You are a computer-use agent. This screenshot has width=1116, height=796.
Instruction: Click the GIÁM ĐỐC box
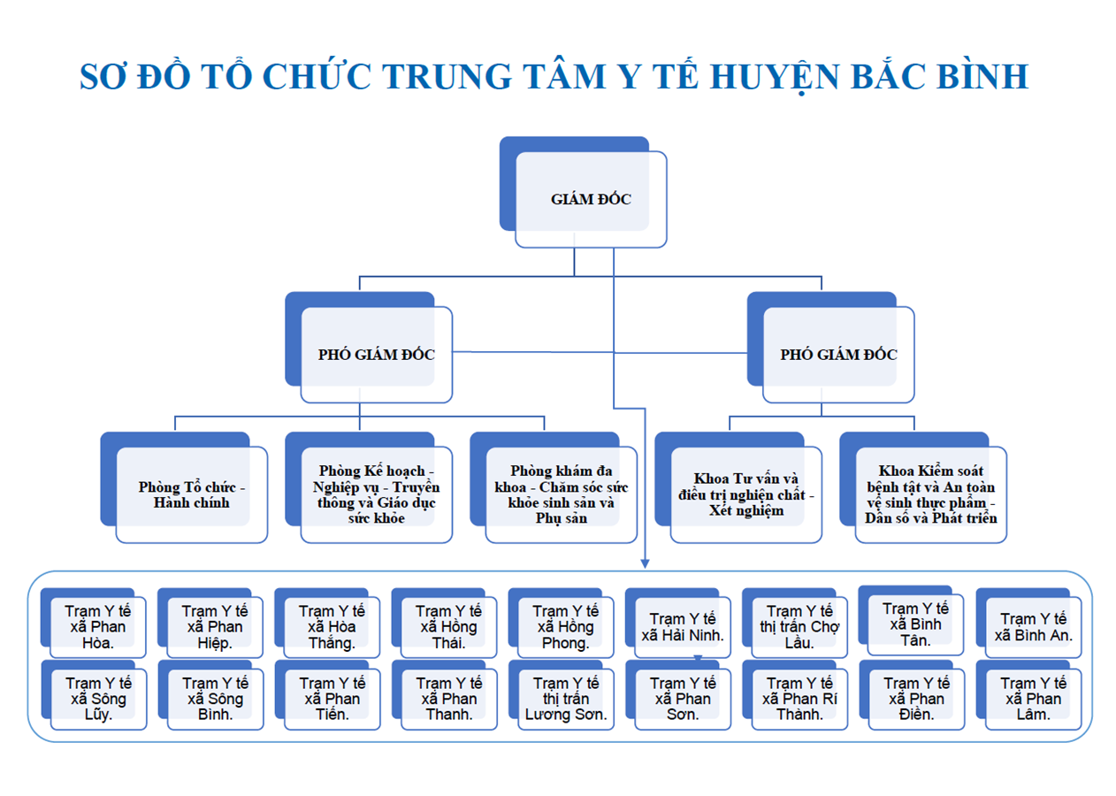click(x=584, y=193)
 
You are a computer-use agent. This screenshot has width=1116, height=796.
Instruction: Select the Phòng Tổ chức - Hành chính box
click(x=184, y=487)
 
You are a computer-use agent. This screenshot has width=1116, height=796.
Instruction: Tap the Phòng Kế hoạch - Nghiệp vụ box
click(x=369, y=487)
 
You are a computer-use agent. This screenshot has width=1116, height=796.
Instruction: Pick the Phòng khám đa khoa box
click(x=554, y=487)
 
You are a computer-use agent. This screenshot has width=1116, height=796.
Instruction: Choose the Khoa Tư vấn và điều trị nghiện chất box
click(x=738, y=487)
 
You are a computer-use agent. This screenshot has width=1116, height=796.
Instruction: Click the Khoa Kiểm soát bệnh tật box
click(x=923, y=487)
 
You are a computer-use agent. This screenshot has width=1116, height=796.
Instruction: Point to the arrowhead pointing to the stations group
click(x=646, y=563)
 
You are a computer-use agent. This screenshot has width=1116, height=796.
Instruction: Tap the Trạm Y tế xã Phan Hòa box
click(x=93, y=623)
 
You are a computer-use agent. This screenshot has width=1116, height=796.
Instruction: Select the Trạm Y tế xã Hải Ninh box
click(x=678, y=623)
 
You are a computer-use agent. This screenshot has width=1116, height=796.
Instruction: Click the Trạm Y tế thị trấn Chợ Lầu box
click(x=795, y=623)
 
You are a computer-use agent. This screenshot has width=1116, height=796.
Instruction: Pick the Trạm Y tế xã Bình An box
click(x=1028, y=623)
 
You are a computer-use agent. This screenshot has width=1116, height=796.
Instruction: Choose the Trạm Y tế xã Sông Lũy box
click(x=94, y=695)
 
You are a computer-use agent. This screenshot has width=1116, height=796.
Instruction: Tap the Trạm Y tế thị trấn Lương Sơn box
click(x=562, y=695)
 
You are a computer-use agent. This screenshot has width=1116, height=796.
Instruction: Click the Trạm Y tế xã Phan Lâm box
click(x=1028, y=695)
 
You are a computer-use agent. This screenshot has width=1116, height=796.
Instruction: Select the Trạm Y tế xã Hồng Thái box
click(x=445, y=623)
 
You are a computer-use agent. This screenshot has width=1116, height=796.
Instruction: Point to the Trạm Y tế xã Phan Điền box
click(x=913, y=695)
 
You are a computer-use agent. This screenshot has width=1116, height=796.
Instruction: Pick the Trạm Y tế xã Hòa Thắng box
click(x=327, y=623)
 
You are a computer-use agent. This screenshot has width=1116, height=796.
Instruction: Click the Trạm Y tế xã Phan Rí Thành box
click(x=795, y=695)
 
